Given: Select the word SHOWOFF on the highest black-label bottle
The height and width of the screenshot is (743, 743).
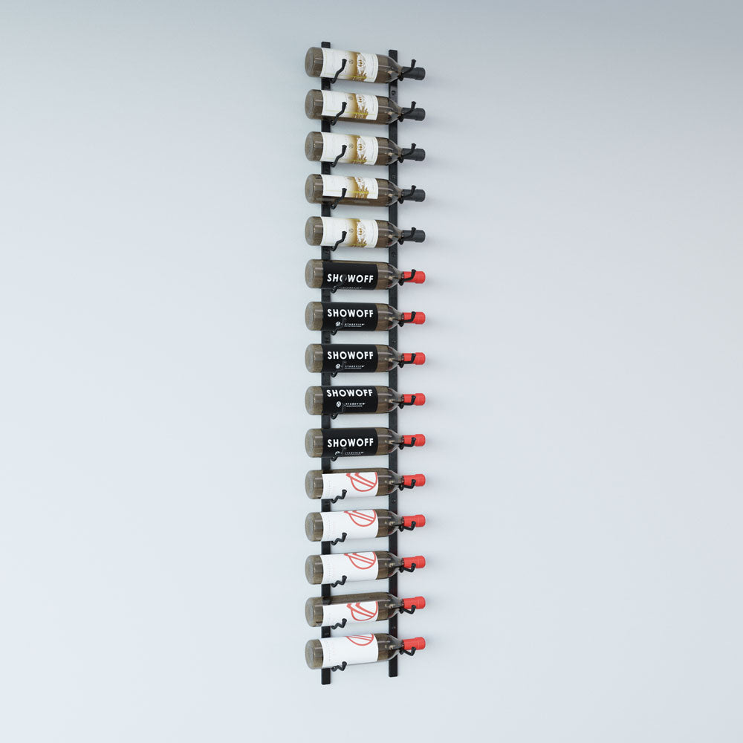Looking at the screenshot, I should click(x=350, y=279).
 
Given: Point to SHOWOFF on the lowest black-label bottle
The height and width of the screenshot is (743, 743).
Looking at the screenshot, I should click(x=350, y=442).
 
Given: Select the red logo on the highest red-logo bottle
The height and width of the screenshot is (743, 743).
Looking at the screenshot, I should click(x=361, y=481).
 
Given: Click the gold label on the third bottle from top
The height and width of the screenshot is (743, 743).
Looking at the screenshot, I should click(x=359, y=149).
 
